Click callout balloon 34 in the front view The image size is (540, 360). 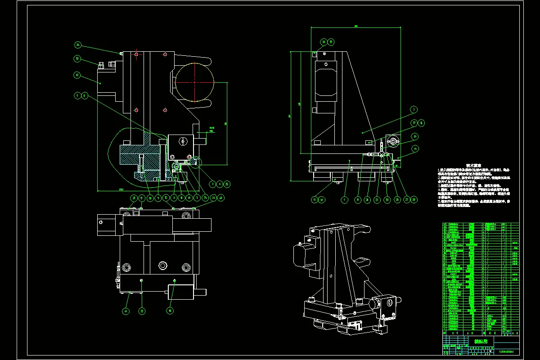[78, 45]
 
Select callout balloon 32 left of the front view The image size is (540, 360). [78, 76]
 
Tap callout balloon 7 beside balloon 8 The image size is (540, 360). [78, 95]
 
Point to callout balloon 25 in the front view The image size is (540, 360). [227, 184]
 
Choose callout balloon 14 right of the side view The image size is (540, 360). [415, 148]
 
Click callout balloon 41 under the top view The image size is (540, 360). [126, 310]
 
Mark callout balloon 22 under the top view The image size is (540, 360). [142, 310]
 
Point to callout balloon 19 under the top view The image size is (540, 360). [170, 310]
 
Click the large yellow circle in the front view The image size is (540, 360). [194, 82]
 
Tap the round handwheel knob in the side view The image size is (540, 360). [394, 142]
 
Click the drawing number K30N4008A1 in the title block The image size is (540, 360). [506, 351]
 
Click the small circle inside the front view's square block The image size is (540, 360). [182, 141]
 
